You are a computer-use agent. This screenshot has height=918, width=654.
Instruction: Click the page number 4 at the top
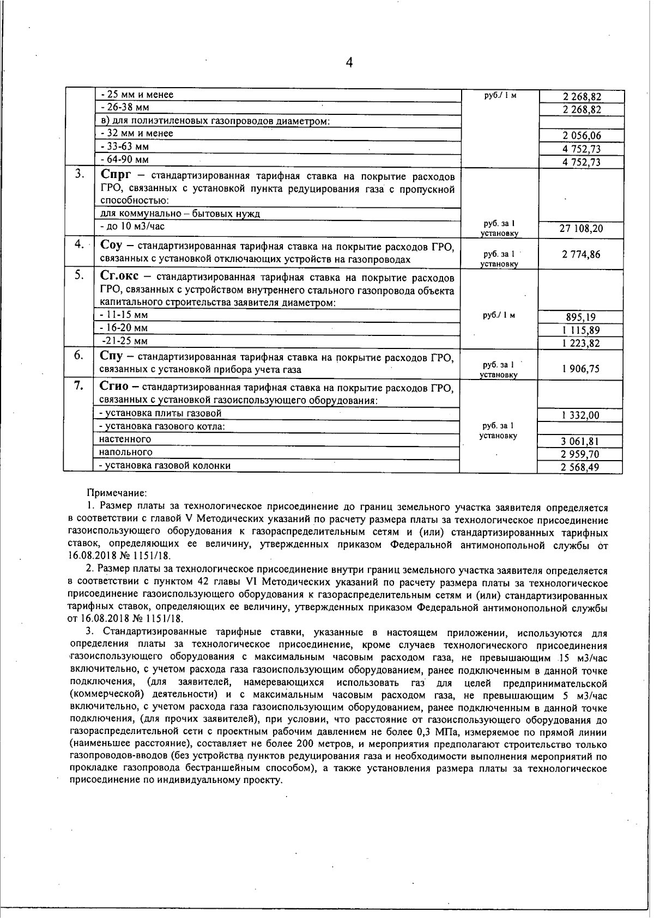tap(349, 63)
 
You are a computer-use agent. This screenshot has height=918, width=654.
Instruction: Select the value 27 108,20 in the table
tap(581, 229)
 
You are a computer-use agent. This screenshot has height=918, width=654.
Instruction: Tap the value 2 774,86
tap(581, 254)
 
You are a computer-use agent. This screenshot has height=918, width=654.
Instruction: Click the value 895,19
tap(581, 317)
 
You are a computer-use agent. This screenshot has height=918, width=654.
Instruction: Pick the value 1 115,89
tap(581, 331)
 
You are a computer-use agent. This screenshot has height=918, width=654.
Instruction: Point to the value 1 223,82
tap(581, 344)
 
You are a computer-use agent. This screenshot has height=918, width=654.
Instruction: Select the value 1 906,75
tap(581, 369)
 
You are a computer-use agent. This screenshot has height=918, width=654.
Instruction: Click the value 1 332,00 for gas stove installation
tap(581, 415)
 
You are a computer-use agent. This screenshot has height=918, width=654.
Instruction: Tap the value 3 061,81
tap(581, 442)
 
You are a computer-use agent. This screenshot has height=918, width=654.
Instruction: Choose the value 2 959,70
tap(581, 455)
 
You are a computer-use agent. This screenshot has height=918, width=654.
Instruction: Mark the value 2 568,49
tap(581, 468)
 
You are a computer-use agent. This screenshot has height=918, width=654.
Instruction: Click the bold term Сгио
tap(114, 387)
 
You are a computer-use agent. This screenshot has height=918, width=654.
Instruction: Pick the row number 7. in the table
tap(79, 386)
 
